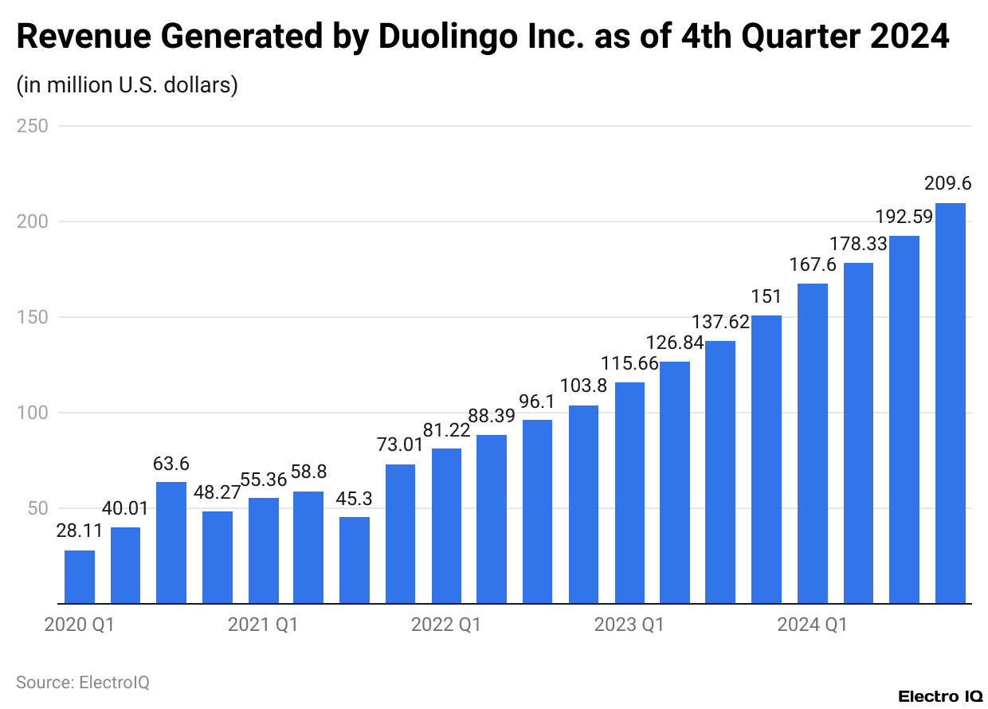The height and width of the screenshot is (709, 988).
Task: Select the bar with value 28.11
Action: coord(80,577)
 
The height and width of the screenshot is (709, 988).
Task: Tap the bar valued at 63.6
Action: coord(171,543)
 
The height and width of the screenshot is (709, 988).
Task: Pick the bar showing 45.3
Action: coord(355,560)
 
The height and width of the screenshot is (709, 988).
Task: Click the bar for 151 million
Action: coord(766,460)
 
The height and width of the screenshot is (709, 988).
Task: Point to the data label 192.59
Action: coord(904,217)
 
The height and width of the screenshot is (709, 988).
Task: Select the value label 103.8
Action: coord(583,386)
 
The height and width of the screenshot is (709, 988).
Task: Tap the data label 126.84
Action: coord(675,343)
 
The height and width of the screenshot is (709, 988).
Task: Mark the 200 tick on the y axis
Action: coord(33,221)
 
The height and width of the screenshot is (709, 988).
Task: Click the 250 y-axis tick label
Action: coord(33,126)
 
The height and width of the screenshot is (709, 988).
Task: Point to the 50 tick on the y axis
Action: coord(38,508)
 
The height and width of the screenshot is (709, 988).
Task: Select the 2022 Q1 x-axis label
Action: coord(446,625)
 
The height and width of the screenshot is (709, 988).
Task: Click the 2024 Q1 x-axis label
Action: coord(813,625)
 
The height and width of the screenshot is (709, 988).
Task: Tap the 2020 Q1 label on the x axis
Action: coord(80,625)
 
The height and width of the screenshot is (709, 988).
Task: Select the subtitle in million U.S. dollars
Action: coord(127,84)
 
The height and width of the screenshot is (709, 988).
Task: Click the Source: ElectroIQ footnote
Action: coord(83,682)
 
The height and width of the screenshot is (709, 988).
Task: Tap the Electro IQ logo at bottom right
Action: coord(940,696)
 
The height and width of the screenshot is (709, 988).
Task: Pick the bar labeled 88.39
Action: coord(492,519)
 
